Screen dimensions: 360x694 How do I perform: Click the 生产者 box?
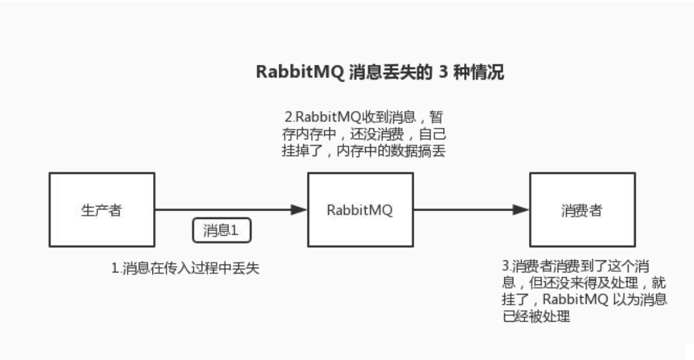point(101,209)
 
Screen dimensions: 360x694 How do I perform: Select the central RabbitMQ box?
point(360,209)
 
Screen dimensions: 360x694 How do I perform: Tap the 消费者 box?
point(582,209)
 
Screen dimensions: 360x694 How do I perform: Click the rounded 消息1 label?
point(222,230)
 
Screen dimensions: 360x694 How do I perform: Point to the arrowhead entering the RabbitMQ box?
point(299,209)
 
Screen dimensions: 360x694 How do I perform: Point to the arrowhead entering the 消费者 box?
point(520,209)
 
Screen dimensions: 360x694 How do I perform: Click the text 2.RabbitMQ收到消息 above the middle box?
point(354,115)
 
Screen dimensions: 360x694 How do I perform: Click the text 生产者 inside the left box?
point(101,211)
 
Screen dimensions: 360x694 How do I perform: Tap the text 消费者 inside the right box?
point(582,211)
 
